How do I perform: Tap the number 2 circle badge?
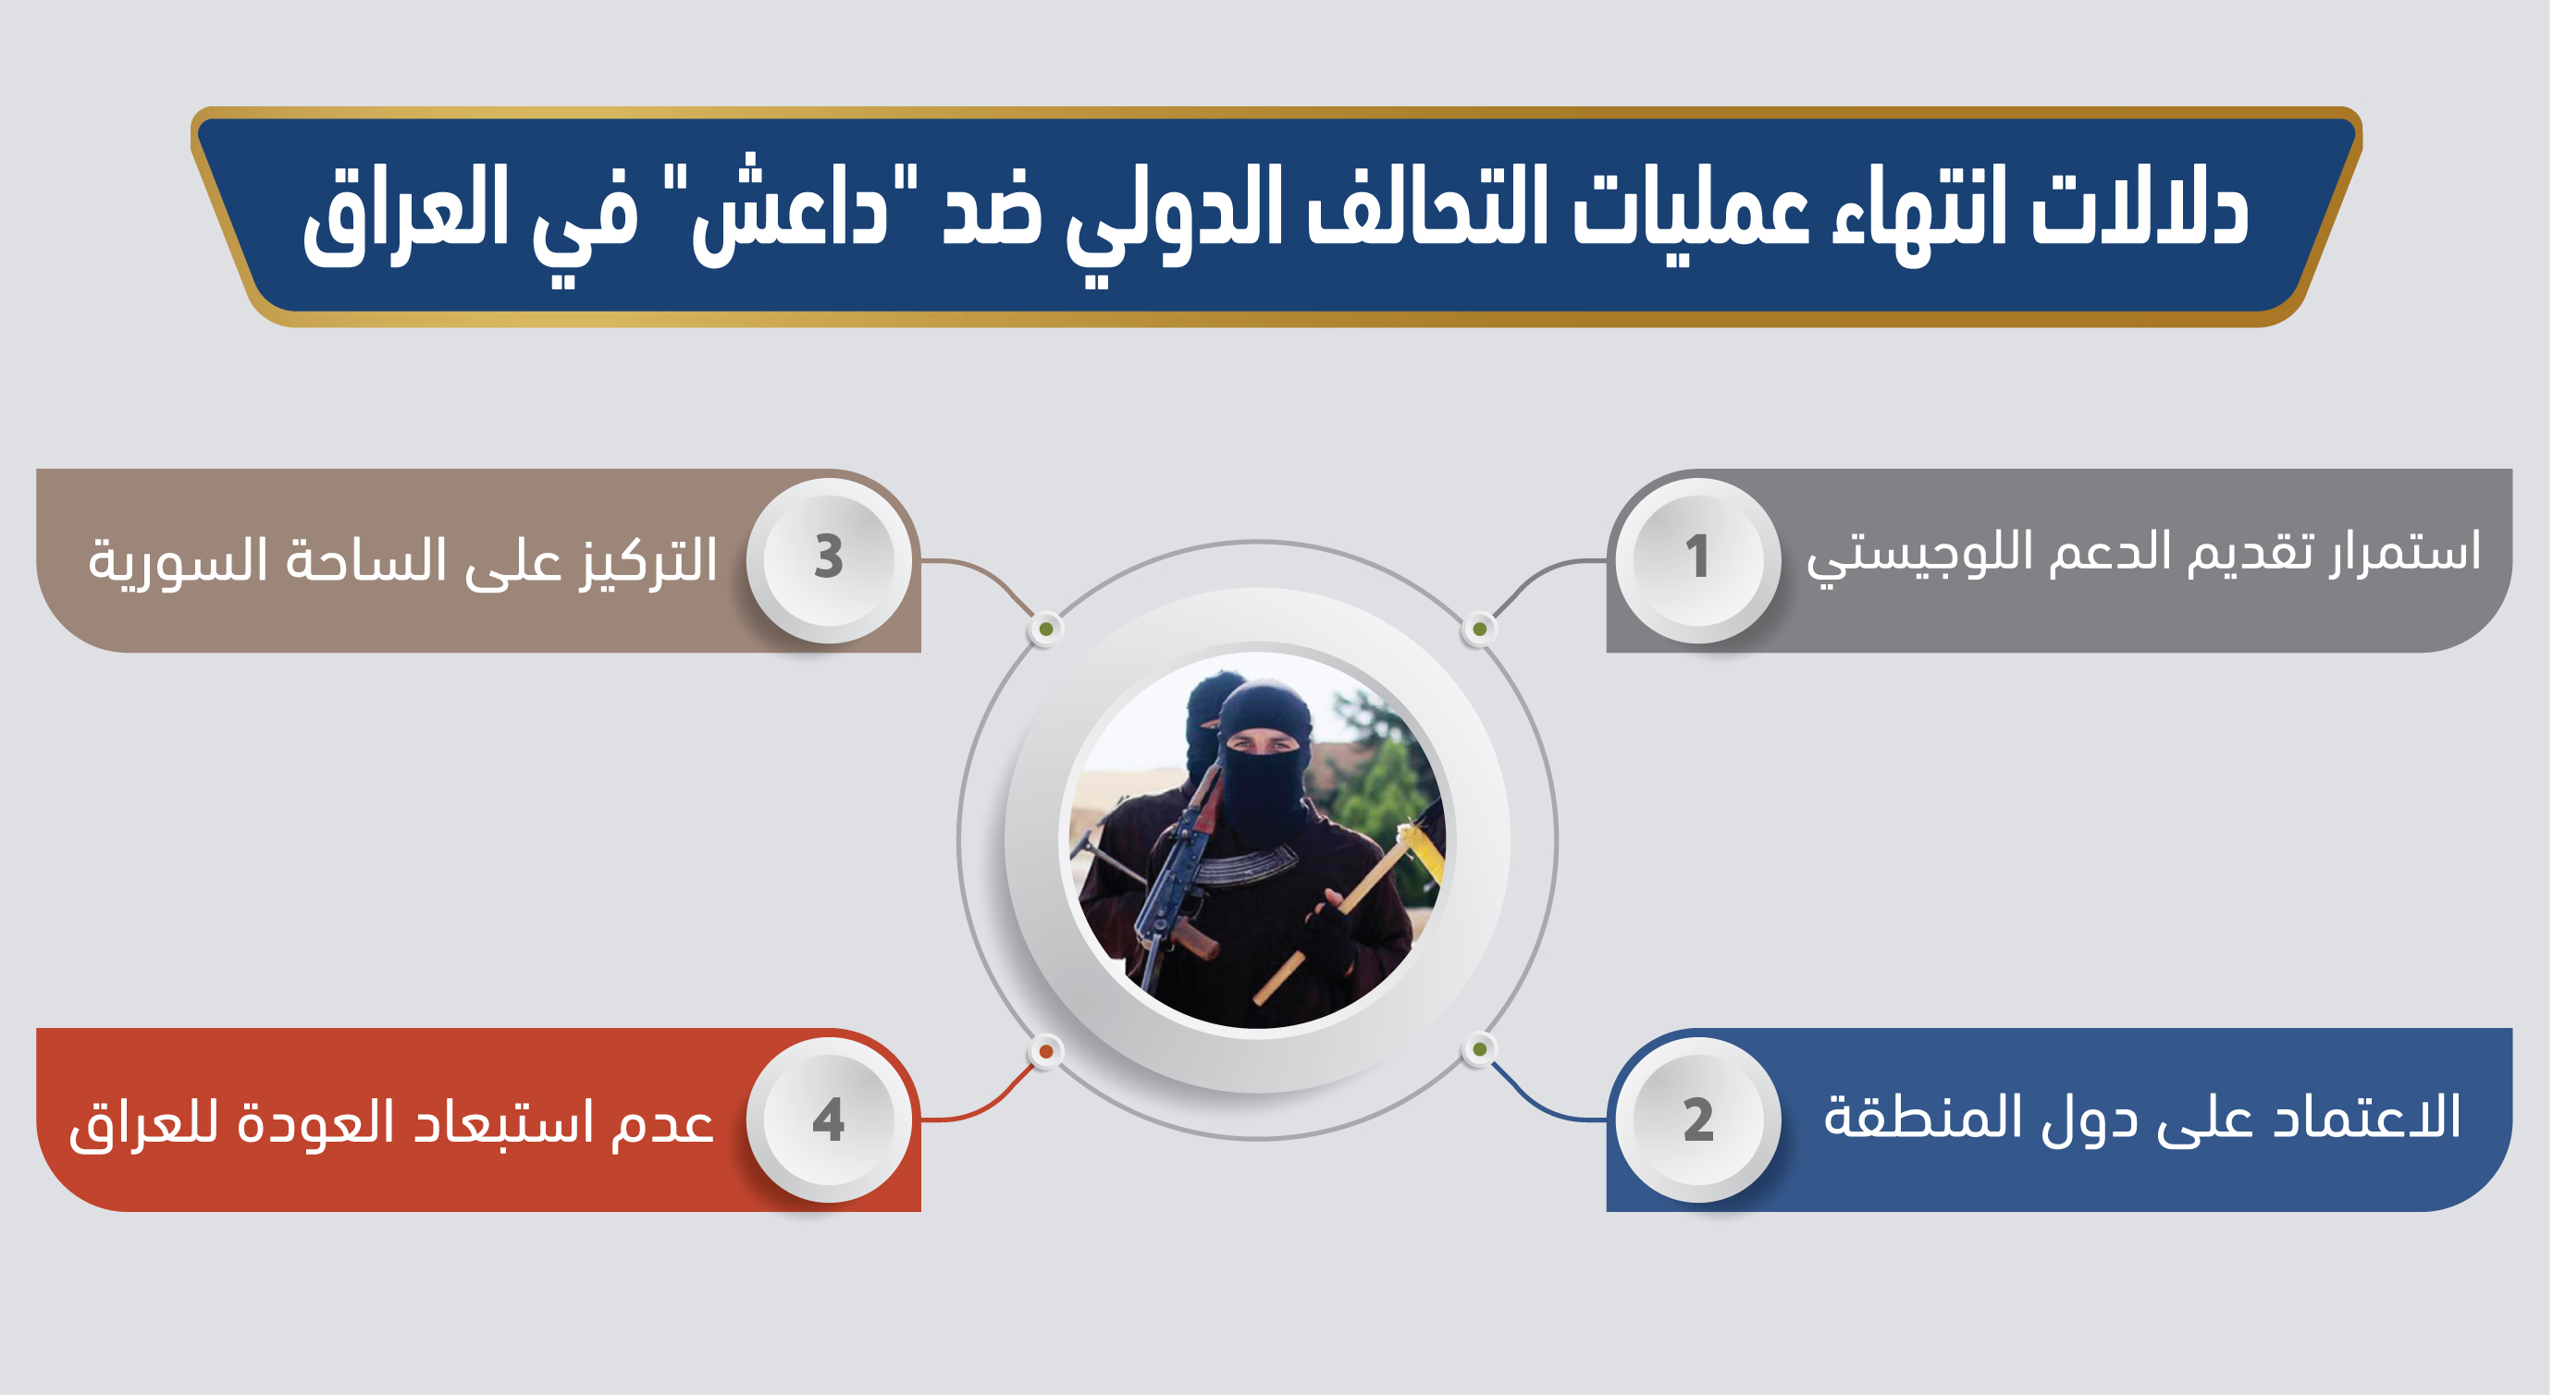[x=1697, y=1120]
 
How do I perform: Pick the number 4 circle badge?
[x=829, y=1120]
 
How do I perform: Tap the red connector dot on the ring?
[x=1045, y=1051]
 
